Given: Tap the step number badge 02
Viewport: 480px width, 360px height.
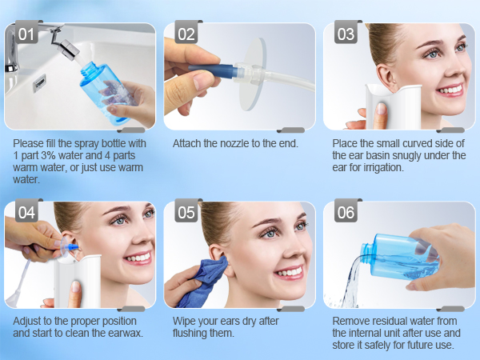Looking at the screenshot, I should [x=186, y=35].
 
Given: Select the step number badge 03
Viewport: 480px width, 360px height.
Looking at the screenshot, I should [x=346, y=35].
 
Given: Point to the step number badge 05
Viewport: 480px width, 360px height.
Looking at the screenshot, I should [x=186, y=213].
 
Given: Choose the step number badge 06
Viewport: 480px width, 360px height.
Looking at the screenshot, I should [x=346, y=213].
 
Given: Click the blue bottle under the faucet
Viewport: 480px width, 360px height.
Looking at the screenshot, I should [x=105, y=87].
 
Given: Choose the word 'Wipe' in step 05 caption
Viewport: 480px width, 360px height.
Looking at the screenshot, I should [x=186, y=322].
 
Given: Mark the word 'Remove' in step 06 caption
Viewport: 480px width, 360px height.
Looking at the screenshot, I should [x=350, y=322].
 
